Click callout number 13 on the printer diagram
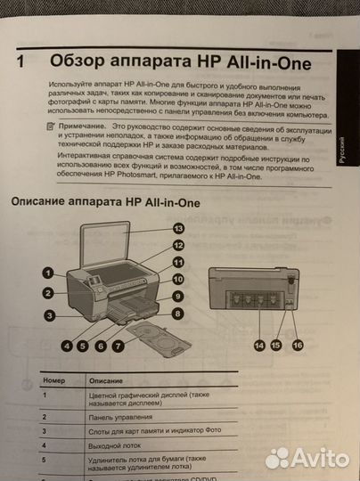[178, 229]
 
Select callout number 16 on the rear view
[298, 344]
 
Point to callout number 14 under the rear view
[259, 344]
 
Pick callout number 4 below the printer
[67, 345]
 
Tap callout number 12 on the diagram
[178, 245]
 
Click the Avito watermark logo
[306, 456]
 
